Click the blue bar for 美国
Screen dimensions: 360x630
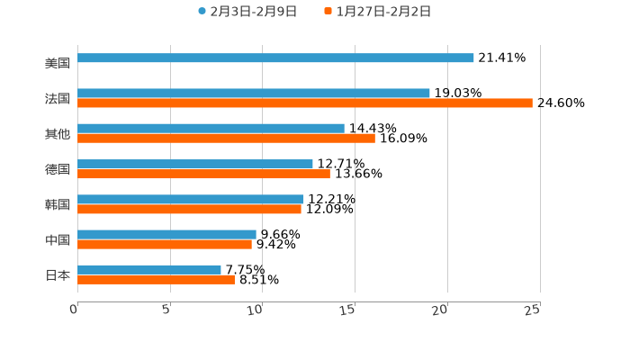click(275, 58)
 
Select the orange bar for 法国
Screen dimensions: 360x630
click(305, 103)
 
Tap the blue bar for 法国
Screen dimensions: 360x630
click(254, 94)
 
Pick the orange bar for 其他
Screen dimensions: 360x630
click(226, 139)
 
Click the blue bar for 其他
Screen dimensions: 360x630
click(211, 129)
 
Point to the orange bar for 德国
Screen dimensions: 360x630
click(203, 174)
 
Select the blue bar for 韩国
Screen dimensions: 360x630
click(191, 200)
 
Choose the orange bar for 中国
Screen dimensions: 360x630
click(165, 244)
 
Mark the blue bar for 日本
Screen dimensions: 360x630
click(149, 270)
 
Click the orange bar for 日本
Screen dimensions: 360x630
click(156, 280)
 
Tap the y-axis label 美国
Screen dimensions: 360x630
click(58, 64)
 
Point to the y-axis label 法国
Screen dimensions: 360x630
click(58, 99)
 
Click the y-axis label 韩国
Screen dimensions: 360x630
click(58, 204)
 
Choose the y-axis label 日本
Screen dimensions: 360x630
click(58, 274)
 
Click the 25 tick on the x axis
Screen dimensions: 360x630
click(533, 310)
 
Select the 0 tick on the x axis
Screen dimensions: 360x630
click(75, 310)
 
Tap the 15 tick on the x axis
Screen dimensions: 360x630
click(348, 310)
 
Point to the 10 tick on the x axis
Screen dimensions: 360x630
click(256, 310)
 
